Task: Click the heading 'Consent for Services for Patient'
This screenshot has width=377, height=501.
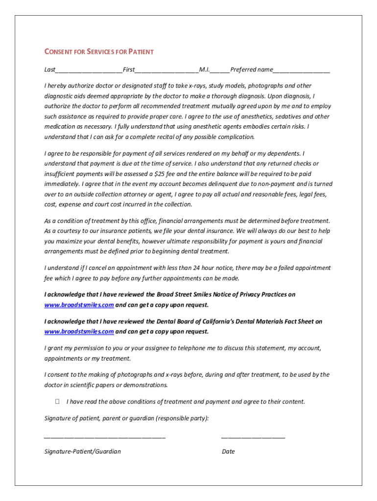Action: click(x=99, y=52)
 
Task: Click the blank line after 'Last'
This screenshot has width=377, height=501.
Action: click(x=89, y=70)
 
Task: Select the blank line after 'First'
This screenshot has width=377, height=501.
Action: click(x=166, y=70)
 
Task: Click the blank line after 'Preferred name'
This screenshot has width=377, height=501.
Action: click(x=302, y=70)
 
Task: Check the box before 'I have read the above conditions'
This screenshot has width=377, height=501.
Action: click(x=57, y=402)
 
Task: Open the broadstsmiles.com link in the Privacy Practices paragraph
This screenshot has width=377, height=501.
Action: click(x=79, y=305)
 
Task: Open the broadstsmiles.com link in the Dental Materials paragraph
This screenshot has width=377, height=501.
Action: click(x=79, y=332)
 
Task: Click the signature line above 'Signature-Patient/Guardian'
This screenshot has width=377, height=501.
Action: click(x=105, y=436)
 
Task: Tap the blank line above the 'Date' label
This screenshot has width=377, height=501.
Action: click(x=253, y=436)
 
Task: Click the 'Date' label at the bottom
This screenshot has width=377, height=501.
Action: click(x=228, y=452)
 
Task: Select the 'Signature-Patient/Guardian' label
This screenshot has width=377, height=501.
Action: click(x=83, y=452)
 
